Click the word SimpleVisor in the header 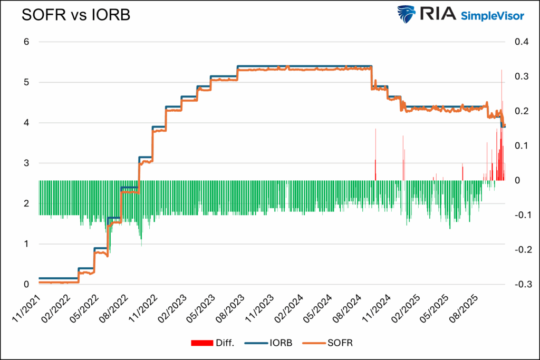pyautogui.click(x=493, y=16)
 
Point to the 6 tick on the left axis pyautogui.click(x=26, y=42)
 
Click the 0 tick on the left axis pyautogui.click(x=26, y=285)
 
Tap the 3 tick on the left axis pyautogui.click(x=26, y=163)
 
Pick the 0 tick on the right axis pyautogui.click(x=516, y=181)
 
